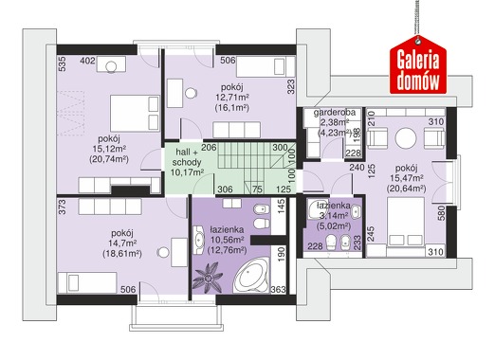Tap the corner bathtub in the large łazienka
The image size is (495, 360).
pyautogui.click(x=251, y=276)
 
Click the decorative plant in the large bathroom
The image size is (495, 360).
pyautogui.click(x=208, y=276)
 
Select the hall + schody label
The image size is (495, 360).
pyautogui.click(x=187, y=157)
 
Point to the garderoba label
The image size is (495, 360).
pyautogui.click(x=335, y=113)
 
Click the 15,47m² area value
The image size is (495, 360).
pyautogui.click(x=407, y=179)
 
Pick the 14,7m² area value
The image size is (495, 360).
pyautogui.click(x=122, y=243)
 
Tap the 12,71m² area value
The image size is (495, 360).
pyautogui.click(x=231, y=98)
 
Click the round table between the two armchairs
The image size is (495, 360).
pyautogui.click(x=406, y=138)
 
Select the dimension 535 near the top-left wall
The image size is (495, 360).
pyautogui.click(x=63, y=63)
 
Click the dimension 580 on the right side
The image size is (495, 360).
pyautogui.click(x=441, y=213)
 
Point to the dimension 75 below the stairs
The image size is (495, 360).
pyautogui.click(x=257, y=189)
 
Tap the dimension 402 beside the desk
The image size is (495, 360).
pyautogui.click(x=87, y=61)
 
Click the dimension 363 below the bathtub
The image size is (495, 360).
pyautogui.click(x=278, y=289)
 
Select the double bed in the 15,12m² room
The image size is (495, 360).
pyautogui.click(x=135, y=113)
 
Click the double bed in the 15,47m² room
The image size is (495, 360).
pyautogui.click(x=406, y=223)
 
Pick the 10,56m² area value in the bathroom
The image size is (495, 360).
pyautogui.click(x=227, y=241)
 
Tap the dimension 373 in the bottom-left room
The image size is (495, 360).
pyautogui.click(x=63, y=207)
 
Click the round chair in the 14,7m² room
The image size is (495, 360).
pyautogui.click(x=163, y=252)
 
